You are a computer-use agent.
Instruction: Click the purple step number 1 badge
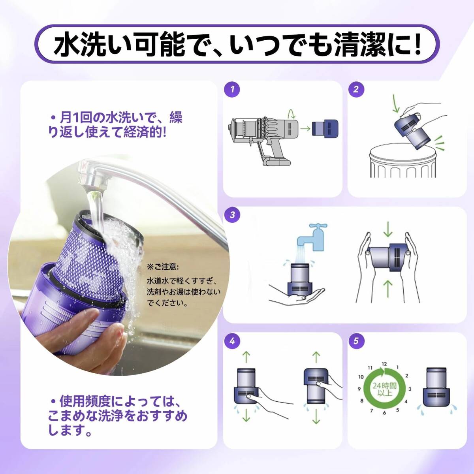point(232,89)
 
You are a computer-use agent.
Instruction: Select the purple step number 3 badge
point(232,215)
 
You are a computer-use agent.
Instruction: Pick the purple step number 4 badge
point(232,341)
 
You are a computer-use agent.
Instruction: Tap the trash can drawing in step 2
point(401,161)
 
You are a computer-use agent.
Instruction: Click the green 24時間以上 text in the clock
point(384,389)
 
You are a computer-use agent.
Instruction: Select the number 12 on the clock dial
point(384,364)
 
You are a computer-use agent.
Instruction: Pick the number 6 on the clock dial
point(384,413)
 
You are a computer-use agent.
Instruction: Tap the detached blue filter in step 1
point(325,128)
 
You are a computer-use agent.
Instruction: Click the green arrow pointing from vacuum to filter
point(305,128)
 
